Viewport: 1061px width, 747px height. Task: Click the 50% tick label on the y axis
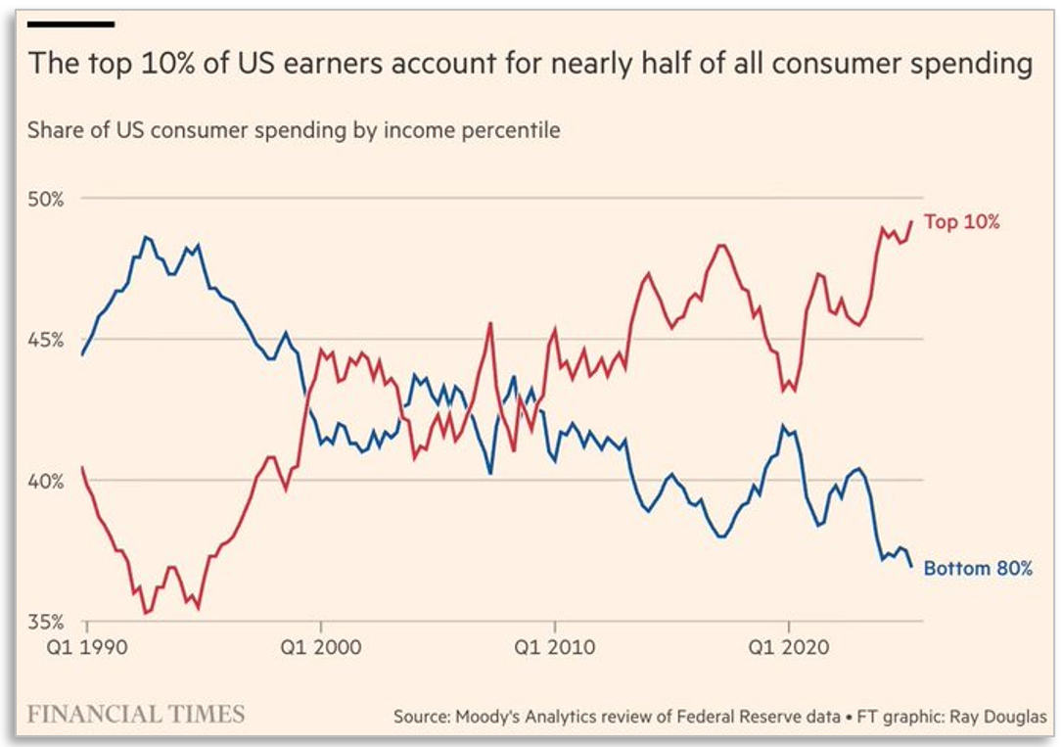(45, 199)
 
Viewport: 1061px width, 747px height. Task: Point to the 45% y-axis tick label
(45, 340)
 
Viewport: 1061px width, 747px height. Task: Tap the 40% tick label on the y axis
(45, 481)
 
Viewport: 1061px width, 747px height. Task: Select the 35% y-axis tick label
(45, 622)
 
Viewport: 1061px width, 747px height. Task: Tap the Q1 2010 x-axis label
(555, 647)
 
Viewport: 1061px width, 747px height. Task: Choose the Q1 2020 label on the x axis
(789, 647)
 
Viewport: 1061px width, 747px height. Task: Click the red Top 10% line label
(961, 222)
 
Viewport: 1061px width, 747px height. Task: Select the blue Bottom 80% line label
(978, 568)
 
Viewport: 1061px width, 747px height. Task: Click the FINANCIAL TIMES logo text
(135, 713)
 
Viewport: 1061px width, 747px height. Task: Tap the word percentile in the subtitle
(513, 130)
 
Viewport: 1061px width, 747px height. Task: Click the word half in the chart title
(654, 65)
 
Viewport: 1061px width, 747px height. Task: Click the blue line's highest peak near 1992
(146, 236)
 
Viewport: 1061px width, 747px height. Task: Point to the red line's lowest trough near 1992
(146, 613)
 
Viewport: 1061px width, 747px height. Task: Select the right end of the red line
(912, 220)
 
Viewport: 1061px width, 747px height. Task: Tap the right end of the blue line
(912, 566)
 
